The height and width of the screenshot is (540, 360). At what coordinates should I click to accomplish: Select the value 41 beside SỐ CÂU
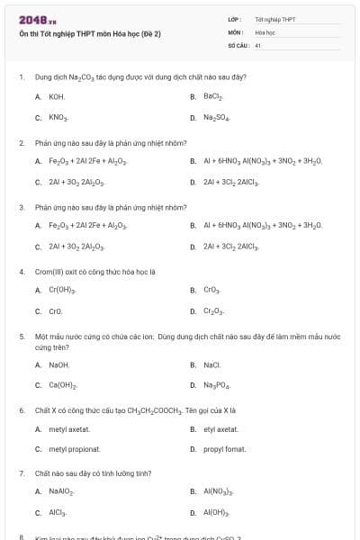[258, 44]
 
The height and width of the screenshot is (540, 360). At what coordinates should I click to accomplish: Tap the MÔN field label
[236, 31]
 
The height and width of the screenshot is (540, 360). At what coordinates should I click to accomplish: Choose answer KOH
[57, 95]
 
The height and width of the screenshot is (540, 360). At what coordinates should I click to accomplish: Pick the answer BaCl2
[213, 95]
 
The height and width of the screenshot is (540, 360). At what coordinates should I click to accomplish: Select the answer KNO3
[58, 117]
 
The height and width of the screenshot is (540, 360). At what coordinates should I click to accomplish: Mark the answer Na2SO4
[216, 117]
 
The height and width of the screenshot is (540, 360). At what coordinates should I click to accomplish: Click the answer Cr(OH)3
[62, 290]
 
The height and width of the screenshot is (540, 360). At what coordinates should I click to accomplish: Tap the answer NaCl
[212, 364]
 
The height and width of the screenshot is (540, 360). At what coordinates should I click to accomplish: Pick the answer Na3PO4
[216, 385]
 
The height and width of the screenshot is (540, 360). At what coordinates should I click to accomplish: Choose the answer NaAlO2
[61, 491]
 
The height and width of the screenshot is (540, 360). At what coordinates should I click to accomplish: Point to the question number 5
[22, 336]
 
